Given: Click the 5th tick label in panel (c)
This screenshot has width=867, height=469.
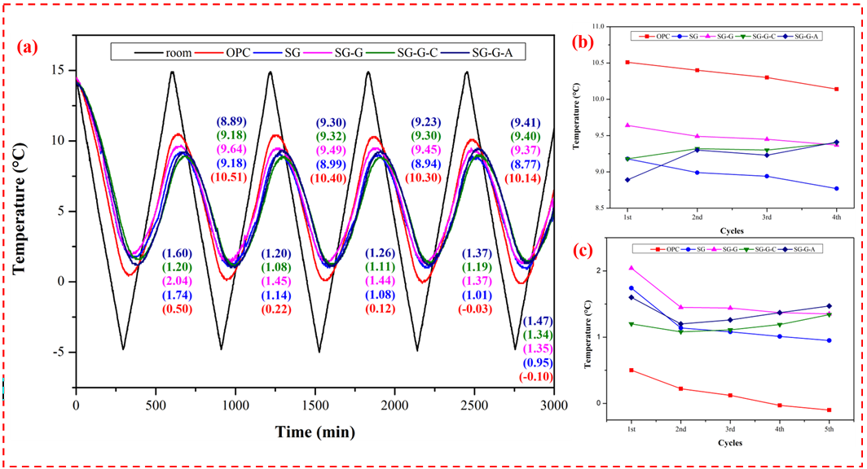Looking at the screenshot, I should coord(830,428).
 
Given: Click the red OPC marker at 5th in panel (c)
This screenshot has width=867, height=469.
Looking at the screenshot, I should coord(830,410).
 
